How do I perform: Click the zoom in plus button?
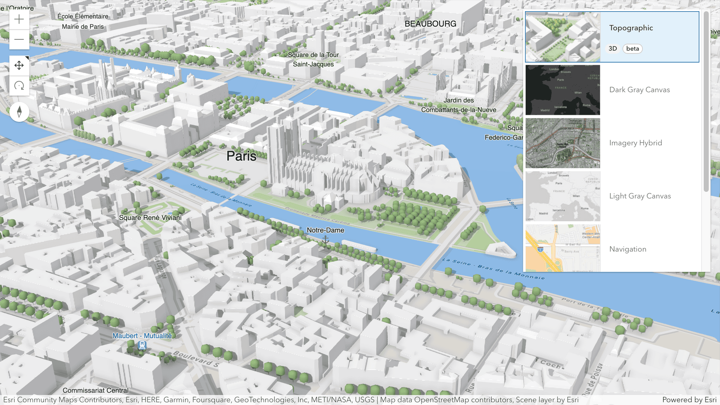(x=19, y=19)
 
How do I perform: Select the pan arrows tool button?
(x=19, y=66)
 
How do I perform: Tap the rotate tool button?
(x=19, y=86)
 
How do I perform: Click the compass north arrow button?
(x=19, y=112)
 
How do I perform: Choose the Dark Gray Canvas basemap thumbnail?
(x=562, y=90)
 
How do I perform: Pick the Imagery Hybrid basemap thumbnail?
(x=562, y=143)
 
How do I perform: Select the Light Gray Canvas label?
(x=640, y=196)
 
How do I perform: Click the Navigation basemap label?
(x=627, y=249)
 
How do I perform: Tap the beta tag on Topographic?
(x=632, y=49)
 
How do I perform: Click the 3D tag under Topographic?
(x=612, y=49)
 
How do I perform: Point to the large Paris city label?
(x=241, y=156)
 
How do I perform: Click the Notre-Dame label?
(x=325, y=230)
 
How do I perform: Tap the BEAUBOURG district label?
(x=430, y=24)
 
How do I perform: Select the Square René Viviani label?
(x=150, y=218)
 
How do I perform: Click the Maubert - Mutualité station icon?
(x=142, y=345)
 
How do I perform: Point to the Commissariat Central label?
(x=95, y=390)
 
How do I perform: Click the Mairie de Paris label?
(x=82, y=27)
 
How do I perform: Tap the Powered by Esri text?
(x=689, y=400)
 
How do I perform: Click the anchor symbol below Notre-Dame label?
(x=325, y=239)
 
